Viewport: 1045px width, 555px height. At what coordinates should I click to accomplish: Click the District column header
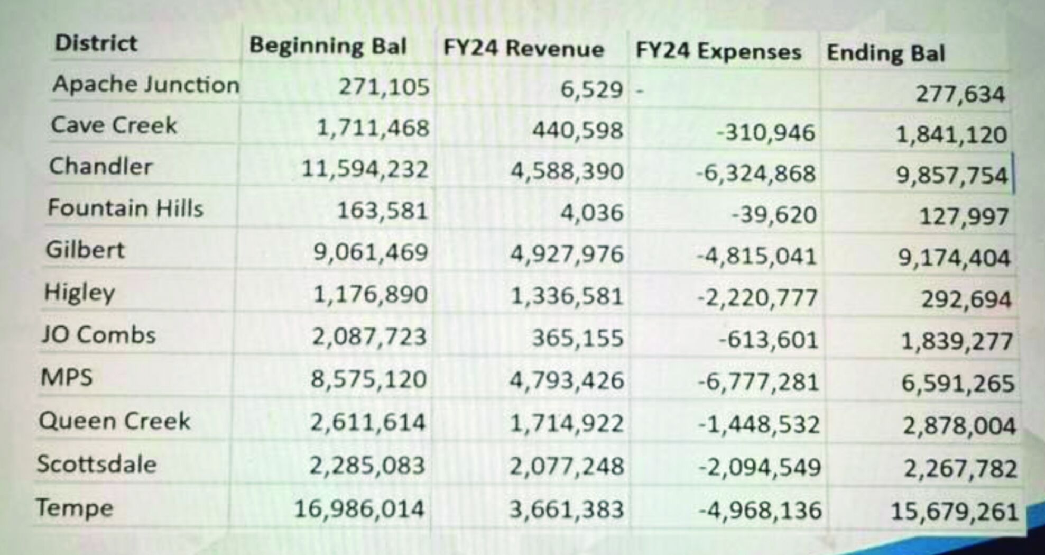96,43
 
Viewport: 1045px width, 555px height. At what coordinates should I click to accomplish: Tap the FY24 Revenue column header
523,49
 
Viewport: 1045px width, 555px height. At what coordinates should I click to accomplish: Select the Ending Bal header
886,53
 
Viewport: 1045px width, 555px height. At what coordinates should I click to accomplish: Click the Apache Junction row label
146,84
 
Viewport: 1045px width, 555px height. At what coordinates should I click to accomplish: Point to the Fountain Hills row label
125,208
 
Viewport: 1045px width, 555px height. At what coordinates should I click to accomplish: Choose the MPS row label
67,377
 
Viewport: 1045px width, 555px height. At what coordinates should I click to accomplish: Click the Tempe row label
75,508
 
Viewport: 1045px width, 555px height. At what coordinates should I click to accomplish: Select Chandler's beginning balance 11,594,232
365,169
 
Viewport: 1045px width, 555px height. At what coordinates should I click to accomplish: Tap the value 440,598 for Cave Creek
577,130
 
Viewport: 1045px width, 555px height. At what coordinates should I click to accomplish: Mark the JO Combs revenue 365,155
577,338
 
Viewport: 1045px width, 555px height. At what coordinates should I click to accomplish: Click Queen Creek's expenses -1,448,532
759,424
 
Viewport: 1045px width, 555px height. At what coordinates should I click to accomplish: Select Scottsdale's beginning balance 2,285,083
367,466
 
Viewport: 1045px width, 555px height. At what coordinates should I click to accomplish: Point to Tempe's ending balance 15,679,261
954,511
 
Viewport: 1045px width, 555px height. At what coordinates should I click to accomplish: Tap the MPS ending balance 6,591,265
958,383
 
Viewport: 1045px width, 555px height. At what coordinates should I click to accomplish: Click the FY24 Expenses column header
718,51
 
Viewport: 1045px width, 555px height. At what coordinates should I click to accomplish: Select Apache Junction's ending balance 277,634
960,94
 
